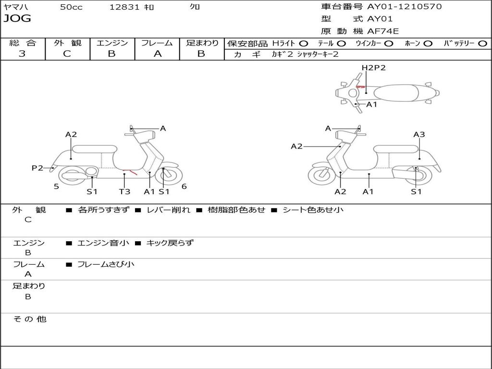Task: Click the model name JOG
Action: pos(17,19)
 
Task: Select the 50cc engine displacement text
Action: pos(71,7)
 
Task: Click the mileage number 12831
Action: pos(124,7)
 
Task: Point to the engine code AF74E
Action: pos(383,32)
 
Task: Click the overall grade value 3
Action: pos(22,54)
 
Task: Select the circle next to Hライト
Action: pos(304,43)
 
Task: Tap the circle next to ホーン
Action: pos(428,43)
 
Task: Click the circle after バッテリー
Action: pos(482,43)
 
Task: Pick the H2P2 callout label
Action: pos(374,68)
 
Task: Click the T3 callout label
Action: pos(124,192)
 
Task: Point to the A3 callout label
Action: pos(419,135)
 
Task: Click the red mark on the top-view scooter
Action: pos(360,87)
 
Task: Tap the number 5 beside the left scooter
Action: pos(56,186)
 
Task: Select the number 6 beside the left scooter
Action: pos(184,186)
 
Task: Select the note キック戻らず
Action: pos(170,243)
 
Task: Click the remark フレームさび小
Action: pos(106,264)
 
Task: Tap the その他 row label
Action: pos(29,319)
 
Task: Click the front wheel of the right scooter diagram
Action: pos(321,175)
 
